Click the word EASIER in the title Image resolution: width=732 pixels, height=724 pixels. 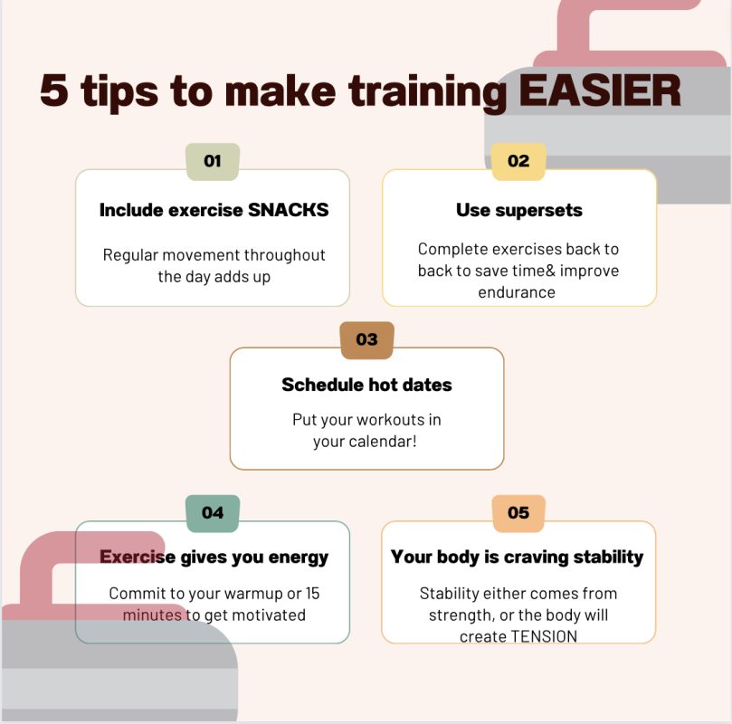pos(600,90)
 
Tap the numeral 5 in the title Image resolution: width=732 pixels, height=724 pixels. pos(54,90)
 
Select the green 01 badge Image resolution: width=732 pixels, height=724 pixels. pos(213,161)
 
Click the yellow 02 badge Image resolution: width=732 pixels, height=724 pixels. pos(518,161)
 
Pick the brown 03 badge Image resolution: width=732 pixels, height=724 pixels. pos(367,339)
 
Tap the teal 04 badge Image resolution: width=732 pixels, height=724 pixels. pos(213,513)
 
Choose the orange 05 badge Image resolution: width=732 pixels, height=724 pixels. pos(518,513)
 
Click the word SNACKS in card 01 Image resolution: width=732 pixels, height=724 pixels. pos(288,210)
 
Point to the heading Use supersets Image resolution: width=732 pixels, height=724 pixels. pos(519,211)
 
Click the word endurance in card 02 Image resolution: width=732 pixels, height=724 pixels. pos(517,292)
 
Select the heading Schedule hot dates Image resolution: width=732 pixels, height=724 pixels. pos(367,386)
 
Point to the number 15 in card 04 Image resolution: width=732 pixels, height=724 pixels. pos(312,594)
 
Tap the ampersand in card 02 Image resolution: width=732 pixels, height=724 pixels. pos(550,271)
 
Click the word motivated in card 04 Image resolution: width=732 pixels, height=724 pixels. pos(269,615)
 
